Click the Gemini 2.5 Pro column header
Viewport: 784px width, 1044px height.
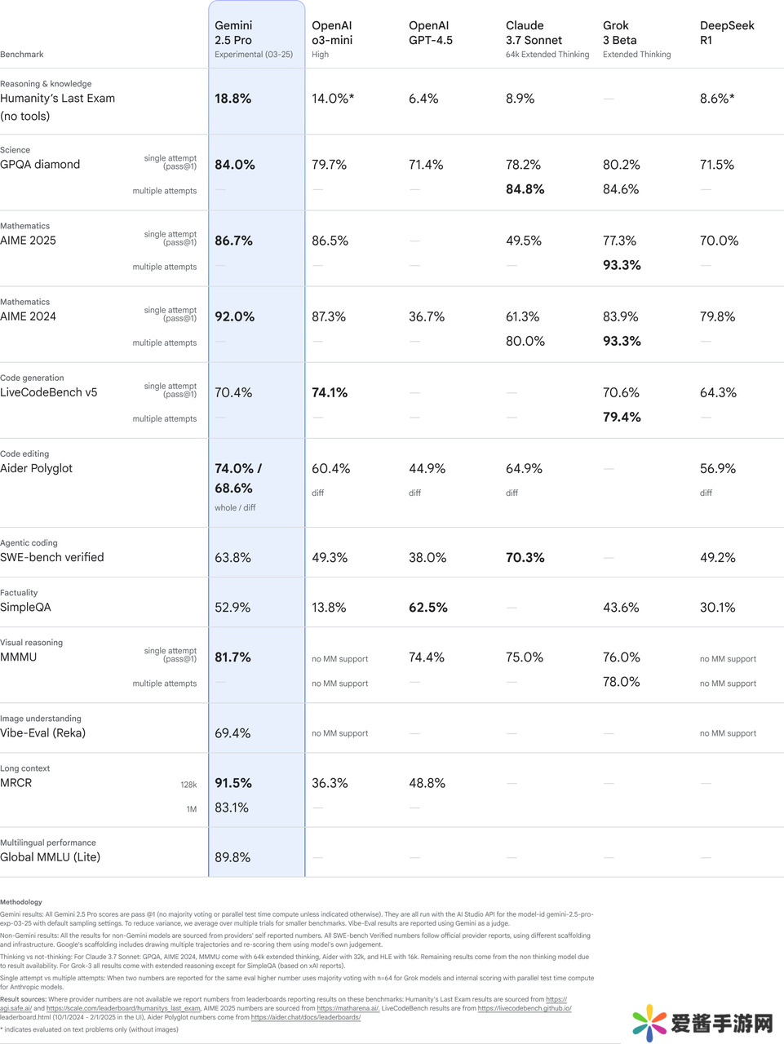tap(233, 33)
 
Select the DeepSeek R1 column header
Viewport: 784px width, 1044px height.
tap(727, 33)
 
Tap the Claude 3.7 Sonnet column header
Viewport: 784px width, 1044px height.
tap(534, 33)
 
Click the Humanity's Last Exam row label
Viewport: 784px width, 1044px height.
tap(58, 99)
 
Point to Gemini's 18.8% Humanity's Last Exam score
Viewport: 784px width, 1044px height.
tap(233, 99)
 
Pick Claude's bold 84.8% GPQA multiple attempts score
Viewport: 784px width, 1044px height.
tap(525, 189)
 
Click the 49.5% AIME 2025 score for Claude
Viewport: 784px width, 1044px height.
tap(523, 241)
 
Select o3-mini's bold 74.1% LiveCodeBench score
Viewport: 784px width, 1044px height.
tap(330, 392)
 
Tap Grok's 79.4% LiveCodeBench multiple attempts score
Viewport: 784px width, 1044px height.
tap(622, 417)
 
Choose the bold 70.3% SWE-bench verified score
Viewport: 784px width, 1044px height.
tap(525, 558)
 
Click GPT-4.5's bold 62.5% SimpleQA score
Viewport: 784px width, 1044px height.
tap(427, 608)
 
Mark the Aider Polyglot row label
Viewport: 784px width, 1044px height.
tap(37, 468)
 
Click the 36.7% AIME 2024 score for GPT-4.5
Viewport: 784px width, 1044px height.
tap(427, 316)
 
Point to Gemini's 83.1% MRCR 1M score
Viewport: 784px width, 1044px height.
tap(232, 807)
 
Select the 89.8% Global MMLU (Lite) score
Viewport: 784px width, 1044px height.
tap(233, 857)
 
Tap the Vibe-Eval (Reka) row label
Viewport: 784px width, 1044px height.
tap(43, 732)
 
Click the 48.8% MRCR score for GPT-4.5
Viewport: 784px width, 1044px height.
tap(427, 783)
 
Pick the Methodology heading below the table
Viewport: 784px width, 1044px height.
tap(21, 902)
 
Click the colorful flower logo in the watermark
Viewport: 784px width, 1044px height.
tap(649, 1023)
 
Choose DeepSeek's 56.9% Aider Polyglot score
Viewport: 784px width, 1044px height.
tap(718, 469)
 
